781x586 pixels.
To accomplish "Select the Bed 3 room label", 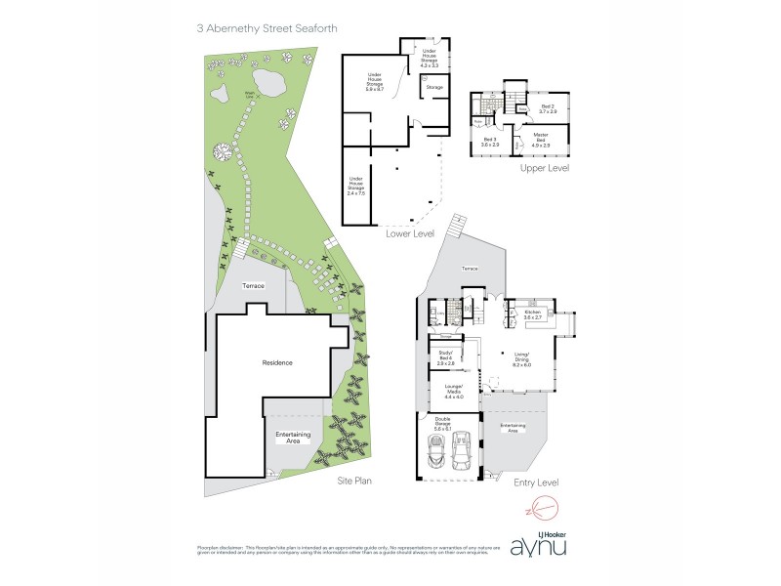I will point(490,143).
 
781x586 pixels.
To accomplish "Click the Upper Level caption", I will point(545,169).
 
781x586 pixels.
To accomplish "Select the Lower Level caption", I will point(410,234).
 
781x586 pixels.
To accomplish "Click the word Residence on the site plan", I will point(277,362).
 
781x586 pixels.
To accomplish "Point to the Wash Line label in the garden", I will point(250,96).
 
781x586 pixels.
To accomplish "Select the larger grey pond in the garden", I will point(263,78).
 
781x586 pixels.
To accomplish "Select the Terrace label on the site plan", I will point(254,285).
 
